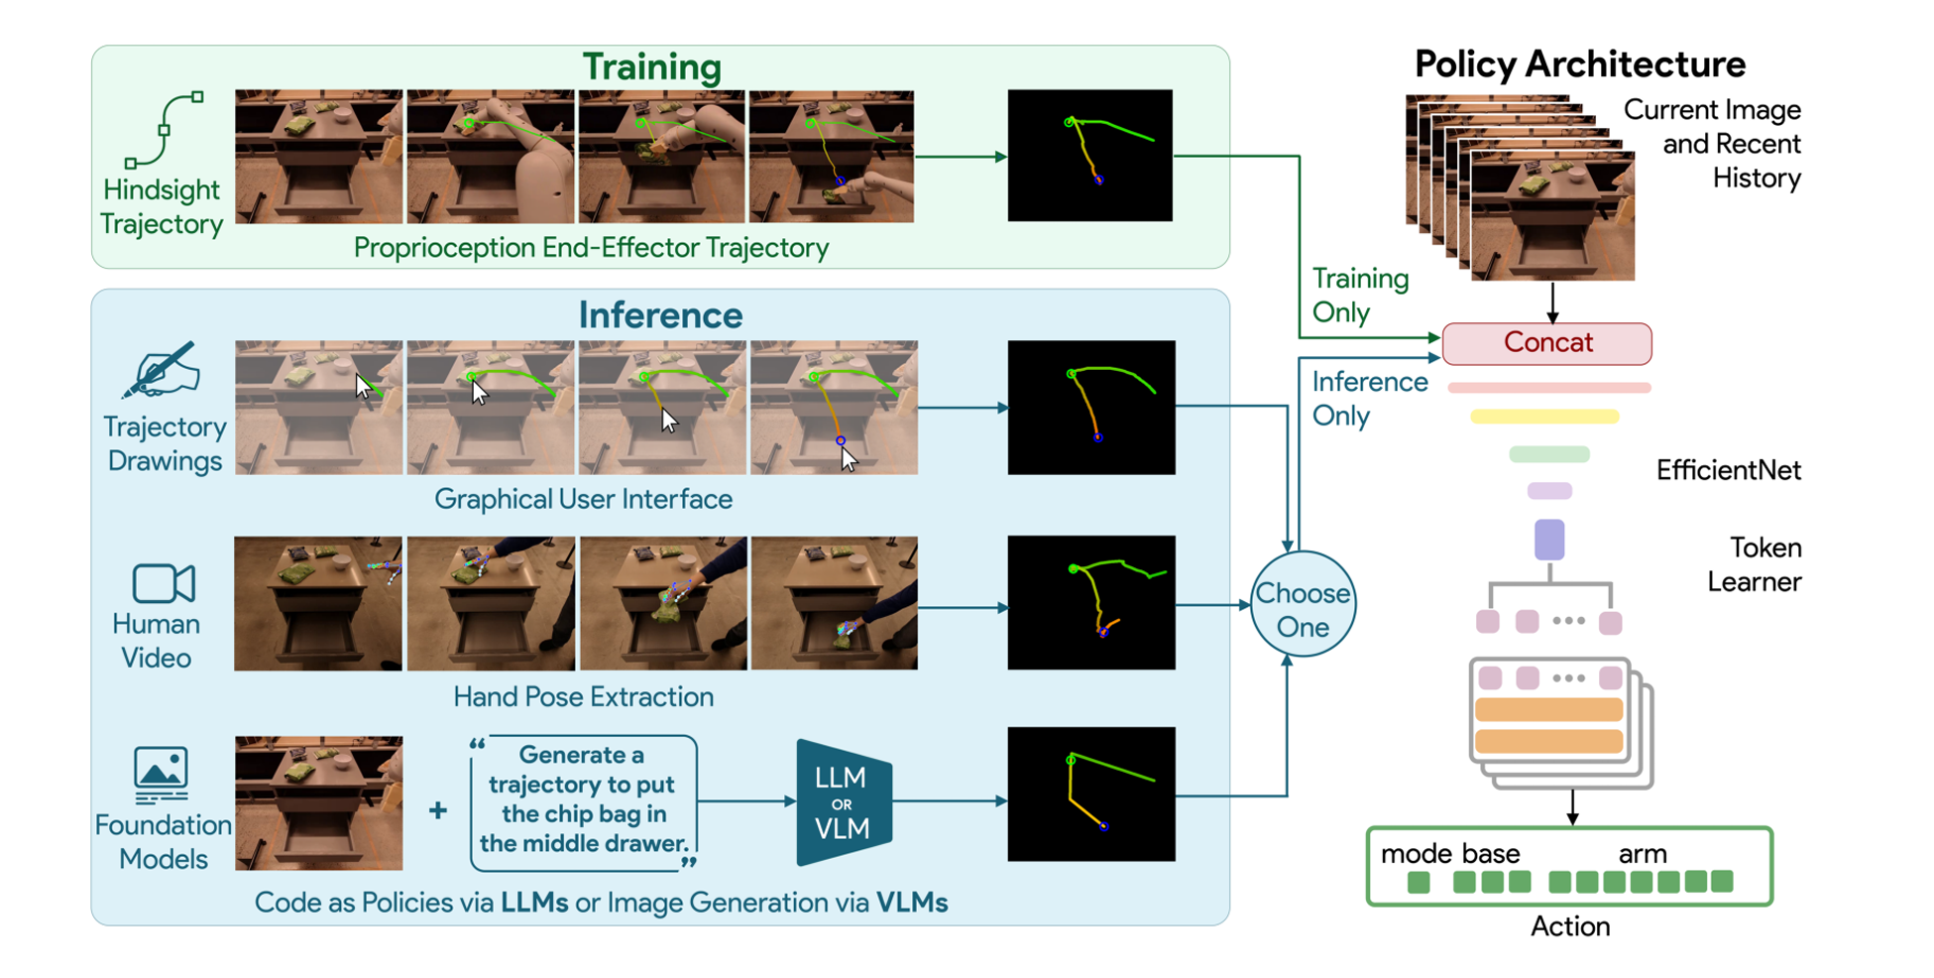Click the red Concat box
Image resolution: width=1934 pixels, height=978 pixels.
[x=1546, y=343]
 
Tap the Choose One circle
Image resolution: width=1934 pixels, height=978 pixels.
[x=1302, y=604]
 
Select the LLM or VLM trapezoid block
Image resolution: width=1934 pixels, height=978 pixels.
[x=843, y=802]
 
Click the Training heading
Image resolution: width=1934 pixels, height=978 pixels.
[x=651, y=67]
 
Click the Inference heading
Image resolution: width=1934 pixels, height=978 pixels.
[x=660, y=315]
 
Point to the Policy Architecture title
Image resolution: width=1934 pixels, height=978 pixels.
[x=1579, y=64]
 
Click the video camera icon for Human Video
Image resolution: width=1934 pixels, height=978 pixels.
[x=164, y=583]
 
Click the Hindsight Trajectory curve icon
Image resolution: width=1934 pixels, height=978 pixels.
[x=164, y=130]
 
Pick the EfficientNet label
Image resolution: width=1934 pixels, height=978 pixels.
[x=1728, y=470]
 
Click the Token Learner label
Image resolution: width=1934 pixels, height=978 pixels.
[x=1755, y=564]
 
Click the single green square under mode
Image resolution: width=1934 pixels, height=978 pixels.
[x=1419, y=882]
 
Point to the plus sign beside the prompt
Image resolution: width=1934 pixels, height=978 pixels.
[x=437, y=810]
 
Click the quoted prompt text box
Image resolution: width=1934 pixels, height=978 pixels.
[x=583, y=801]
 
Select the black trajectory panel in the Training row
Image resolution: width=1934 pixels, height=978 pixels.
[x=1089, y=156]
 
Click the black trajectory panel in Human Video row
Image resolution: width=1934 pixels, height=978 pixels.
[x=1090, y=603]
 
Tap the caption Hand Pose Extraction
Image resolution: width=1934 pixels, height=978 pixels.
[x=583, y=696]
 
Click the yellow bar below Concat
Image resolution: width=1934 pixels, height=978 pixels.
[x=1543, y=418]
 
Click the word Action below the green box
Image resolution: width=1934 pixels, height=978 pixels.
[x=1570, y=926]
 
